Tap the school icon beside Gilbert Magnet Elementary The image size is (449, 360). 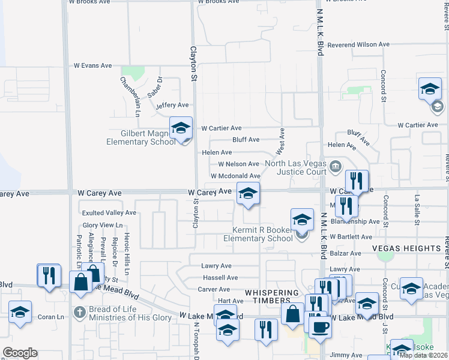point(181,128)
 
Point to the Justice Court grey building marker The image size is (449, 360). point(335,165)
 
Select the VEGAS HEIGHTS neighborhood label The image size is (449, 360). point(406,248)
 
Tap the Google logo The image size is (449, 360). point(20,353)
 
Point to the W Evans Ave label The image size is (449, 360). point(92,65)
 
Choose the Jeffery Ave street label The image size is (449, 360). point(172,106)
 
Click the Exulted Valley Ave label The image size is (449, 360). point(109,212)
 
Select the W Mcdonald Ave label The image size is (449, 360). point(235,175)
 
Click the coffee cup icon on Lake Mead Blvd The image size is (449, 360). point(319,327)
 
